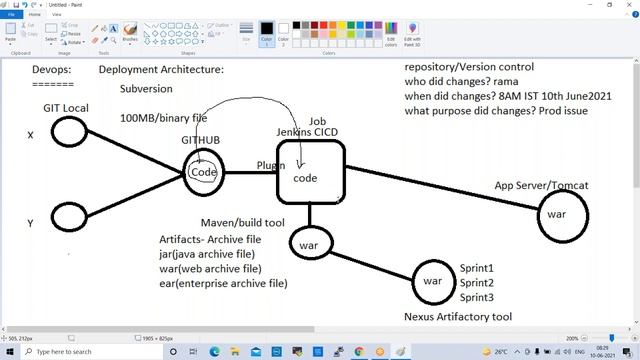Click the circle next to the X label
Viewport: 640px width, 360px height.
[x=69, y=131]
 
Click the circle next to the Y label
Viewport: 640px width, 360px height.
[x=69, y=216]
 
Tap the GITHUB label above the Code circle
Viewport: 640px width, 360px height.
[x=201, y=141]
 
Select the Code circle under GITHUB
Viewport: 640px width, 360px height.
[x=204, y=172]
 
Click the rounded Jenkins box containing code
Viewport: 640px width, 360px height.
[x=310, y=170]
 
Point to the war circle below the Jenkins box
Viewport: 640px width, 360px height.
[x=308, y=242]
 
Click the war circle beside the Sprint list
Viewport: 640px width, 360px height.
[x=432, y=281]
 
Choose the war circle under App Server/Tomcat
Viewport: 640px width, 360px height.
[x=557, y=215]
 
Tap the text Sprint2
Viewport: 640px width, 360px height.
[x=477, y=283]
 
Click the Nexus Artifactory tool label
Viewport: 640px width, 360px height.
[x=458, y=316]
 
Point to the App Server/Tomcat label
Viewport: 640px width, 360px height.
[x=541, y=186]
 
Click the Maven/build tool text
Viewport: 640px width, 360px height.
[x=243, y=222]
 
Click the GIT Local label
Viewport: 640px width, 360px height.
[x=66, y=107]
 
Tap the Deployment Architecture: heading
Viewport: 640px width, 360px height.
[x=161, y=70]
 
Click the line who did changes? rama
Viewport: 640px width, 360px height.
[x=462, y=80]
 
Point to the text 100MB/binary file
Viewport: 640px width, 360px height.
[x=164, y=118]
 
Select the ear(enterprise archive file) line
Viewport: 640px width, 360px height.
[x=223, y=283]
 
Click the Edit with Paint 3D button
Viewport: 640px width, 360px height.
[x=413, y=35]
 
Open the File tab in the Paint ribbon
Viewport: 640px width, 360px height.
[x=12, y=15]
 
